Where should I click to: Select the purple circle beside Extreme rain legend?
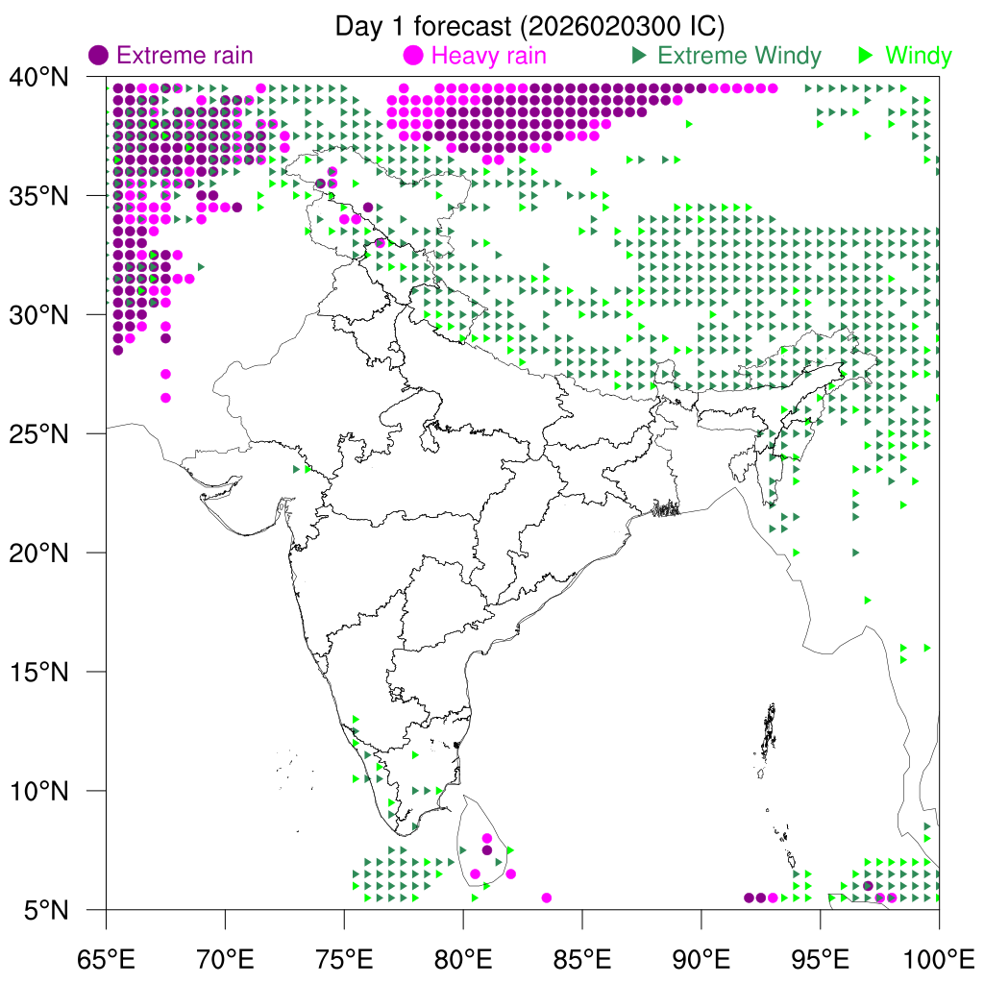pos(99,55)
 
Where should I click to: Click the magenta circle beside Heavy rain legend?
pos(414,55)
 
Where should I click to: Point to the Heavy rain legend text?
pos(489,55)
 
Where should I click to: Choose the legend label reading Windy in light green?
pos(919,55)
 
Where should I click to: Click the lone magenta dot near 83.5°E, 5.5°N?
pos(547,898)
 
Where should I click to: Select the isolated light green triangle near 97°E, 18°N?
pos(868,600)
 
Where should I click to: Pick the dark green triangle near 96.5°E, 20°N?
pos(855,553)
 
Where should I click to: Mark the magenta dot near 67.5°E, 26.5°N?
pos(165,398)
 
